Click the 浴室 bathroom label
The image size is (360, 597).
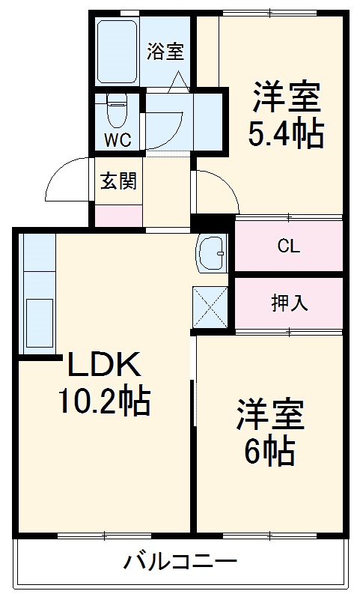click(x=165, y=52)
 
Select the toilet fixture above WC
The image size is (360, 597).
click(x=117, y=110)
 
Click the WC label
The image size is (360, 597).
click(x=118, y=139)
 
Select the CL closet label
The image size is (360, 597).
click(x=289, y=246)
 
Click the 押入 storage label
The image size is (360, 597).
click(x=289, y=303)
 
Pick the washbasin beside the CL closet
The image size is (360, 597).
click(x=212, y=254)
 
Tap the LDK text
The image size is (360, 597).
click(x=103, y=366)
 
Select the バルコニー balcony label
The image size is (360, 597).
click(x=180, y=561)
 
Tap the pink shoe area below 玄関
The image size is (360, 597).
click(x=118, y=214)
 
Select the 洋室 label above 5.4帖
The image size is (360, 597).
click(x=286, y=97)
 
